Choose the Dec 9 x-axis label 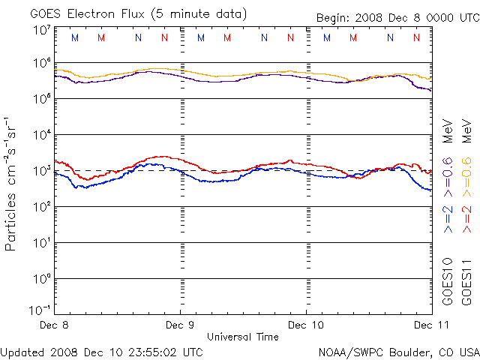pos(180,325)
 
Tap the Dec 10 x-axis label pos(306,325)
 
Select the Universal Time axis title pos(243,337)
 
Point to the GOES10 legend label pos(448,281)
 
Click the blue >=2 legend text pos(448,219)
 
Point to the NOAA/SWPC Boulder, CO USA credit pos(398,352)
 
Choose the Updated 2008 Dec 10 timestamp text pos(101,351)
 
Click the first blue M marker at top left pos(73,37)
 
